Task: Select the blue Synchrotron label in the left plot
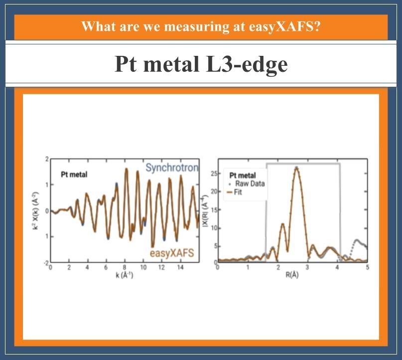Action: coord(172,168)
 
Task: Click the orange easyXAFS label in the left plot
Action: coord(172,253)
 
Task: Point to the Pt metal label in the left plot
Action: coord(74,175)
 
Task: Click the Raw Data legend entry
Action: coord(247,183)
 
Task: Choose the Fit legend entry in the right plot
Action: coord(235,192)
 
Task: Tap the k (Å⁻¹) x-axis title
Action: coord(125,276)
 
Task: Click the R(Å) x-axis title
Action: coord(292,275)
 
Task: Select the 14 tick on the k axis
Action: coord(180,267)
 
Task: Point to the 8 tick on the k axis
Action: coord(125,267)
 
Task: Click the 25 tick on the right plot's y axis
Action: coord(214,174)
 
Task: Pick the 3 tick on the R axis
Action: coord(307,268)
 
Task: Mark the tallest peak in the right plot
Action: coord(296,168)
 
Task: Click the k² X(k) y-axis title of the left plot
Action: coord(36,210)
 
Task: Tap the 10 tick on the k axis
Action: coord(143,267)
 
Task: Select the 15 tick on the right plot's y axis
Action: coord(214,210)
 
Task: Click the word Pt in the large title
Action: coord(126,64)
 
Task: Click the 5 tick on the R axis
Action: coord(368,268)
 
